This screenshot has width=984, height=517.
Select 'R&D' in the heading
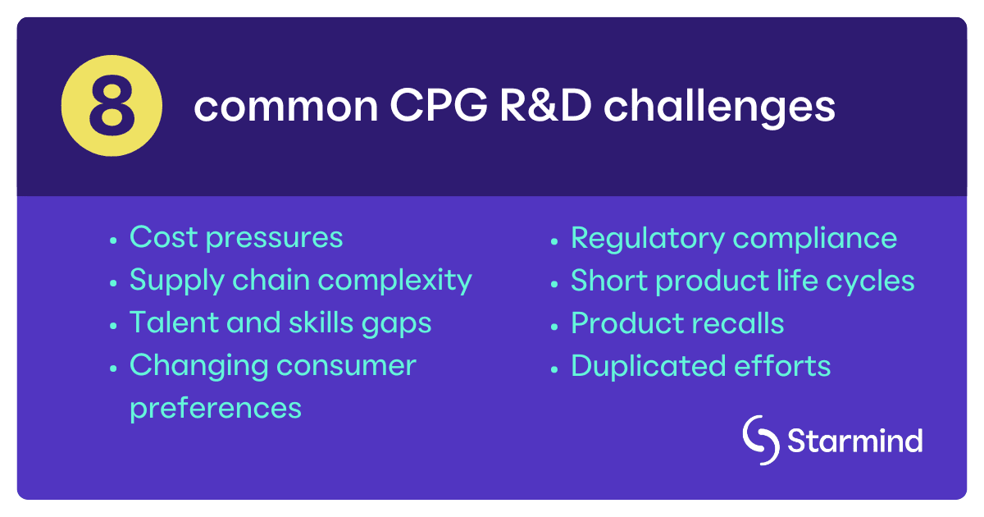click(x=519, y=108)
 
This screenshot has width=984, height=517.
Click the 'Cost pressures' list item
click(x=236, y=237)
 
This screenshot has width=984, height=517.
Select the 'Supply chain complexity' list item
click(x=300, y=280)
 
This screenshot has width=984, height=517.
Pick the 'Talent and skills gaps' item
click(x=280, y=323)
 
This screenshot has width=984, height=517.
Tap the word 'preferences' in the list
click(x=216, y=407)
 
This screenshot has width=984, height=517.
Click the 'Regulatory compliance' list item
click(x=734, y=238)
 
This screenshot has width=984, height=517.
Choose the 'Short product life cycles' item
click(x=742, y=280)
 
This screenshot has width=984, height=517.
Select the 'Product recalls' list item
click(x=677, y=323)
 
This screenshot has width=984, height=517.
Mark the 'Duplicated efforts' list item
click(x=700, y=365)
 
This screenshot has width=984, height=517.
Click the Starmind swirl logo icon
click(x=760, y=441)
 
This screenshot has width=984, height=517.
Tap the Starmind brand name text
click(x=854, y=441)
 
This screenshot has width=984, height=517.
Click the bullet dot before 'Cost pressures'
click(x=113, y=240)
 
